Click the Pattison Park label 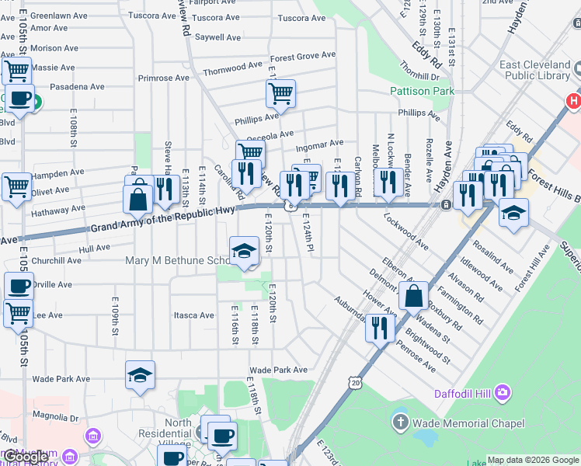421,91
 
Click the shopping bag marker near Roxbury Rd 414,294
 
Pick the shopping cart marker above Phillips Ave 280,93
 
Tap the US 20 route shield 355,382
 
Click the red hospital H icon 573,101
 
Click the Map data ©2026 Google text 533,460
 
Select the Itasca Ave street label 193,315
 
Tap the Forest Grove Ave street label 303,57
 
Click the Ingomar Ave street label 319,144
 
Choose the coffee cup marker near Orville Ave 19,286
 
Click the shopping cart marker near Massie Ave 16,71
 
